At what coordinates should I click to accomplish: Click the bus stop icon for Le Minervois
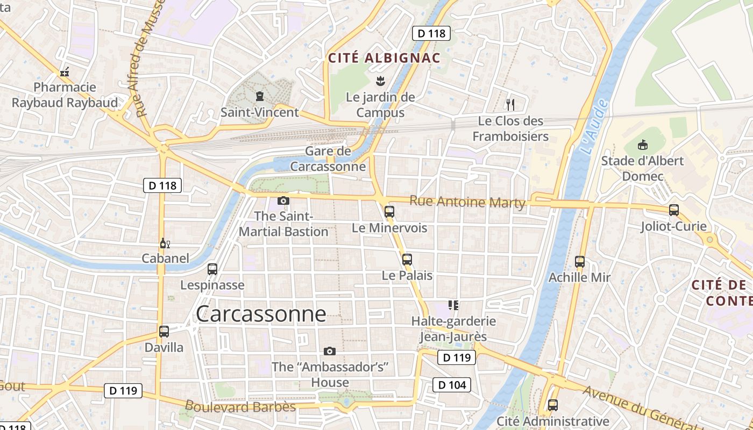389,211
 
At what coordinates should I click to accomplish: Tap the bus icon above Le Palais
407,259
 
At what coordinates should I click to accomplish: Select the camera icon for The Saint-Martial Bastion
283,201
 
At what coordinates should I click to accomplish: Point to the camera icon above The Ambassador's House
330,351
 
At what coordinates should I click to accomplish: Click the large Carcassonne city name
261,314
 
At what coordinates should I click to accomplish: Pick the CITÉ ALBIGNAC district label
384,58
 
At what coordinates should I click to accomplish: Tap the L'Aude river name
594,126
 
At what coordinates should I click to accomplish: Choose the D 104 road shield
452,384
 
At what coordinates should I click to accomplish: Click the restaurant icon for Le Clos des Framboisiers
510,104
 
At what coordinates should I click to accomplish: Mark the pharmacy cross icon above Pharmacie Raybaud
65,72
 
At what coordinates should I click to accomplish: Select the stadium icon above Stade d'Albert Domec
642,144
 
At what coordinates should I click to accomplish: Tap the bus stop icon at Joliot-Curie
673,210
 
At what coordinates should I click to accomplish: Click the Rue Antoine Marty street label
467,202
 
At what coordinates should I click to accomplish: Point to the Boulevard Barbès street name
240,406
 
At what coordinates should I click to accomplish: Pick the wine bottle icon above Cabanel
165,243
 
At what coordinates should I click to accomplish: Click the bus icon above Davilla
164,332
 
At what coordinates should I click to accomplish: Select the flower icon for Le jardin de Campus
380,81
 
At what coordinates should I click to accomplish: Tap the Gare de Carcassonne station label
328,159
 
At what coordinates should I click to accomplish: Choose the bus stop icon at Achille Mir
580,262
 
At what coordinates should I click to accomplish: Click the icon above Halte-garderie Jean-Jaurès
453,305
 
